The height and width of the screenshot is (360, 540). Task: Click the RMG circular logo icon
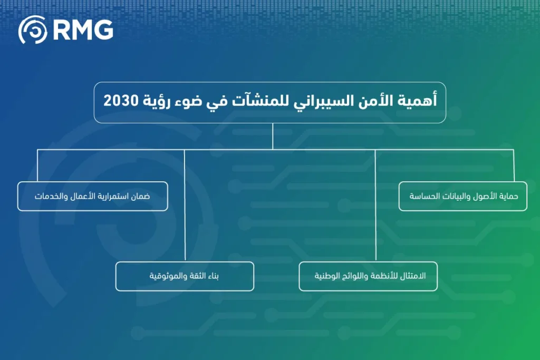point(33,30)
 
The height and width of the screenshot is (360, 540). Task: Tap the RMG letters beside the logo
point(83,31)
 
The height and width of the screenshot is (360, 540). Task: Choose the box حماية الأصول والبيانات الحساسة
point(462,197)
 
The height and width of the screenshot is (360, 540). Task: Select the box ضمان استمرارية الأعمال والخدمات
point(92,197)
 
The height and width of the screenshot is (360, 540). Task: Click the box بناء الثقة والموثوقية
point(185,276)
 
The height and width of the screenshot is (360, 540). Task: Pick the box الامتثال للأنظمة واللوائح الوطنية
point(368,276)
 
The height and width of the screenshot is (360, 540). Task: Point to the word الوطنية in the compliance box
point(327,276)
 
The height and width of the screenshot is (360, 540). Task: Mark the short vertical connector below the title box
point(273,137)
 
